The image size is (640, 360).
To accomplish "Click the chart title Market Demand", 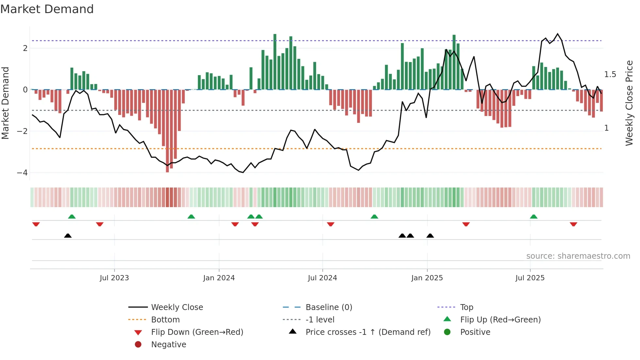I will point(47,9).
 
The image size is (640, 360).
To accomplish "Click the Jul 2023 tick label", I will point(114,278).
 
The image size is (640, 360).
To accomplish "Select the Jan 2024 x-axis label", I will point(219,278).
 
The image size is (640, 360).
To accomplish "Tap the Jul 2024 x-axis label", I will point(322,278).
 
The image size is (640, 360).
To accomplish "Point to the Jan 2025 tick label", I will point(427,278).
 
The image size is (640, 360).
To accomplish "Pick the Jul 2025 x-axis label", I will point(530,278).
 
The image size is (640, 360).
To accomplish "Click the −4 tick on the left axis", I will point(22,173).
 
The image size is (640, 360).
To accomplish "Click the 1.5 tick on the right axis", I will point(610,74).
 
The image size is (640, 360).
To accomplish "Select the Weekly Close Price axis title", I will point(629,103).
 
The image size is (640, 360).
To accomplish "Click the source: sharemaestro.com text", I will point(578,256).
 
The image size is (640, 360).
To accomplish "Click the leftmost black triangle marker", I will point(68,236).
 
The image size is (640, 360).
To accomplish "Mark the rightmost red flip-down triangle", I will point(573,224).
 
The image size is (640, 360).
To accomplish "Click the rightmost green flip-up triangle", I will point(534,217).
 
